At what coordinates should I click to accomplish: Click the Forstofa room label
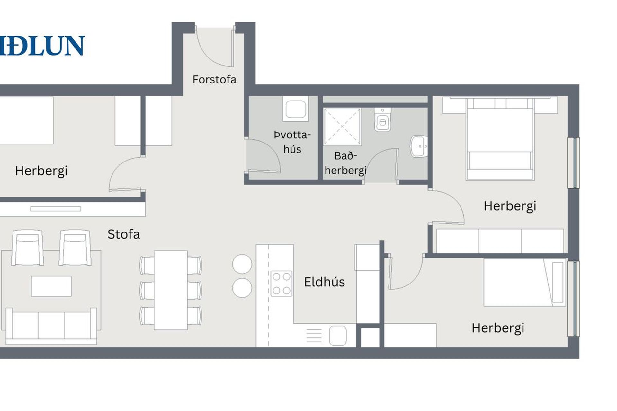click(214, 79)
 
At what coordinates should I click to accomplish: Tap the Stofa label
click(124, 234)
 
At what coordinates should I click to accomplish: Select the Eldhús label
click(324, 282)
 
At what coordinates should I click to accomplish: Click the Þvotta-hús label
click(292, 142)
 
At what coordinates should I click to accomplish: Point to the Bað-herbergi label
click(345, 163)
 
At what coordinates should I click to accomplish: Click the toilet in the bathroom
click(382, 119)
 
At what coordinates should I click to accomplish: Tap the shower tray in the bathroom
click(342, 127)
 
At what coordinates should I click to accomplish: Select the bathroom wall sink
click(419, 146)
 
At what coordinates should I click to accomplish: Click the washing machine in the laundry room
click(296, 109)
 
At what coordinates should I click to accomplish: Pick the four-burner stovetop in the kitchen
click(281, 284)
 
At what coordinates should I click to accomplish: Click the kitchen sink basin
click(338, 336)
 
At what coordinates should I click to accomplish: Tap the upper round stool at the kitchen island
click(242, 264)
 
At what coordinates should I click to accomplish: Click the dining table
click(171, 290)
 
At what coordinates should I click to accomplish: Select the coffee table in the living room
click(51, 286)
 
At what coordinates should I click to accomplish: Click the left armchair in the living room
click(27, 248)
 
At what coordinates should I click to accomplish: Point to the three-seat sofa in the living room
click(51, 326)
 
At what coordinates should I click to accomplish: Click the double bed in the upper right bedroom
click(500, 139)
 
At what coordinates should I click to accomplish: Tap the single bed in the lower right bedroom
click(524, 282)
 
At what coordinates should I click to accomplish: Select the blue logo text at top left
click(42, 46)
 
